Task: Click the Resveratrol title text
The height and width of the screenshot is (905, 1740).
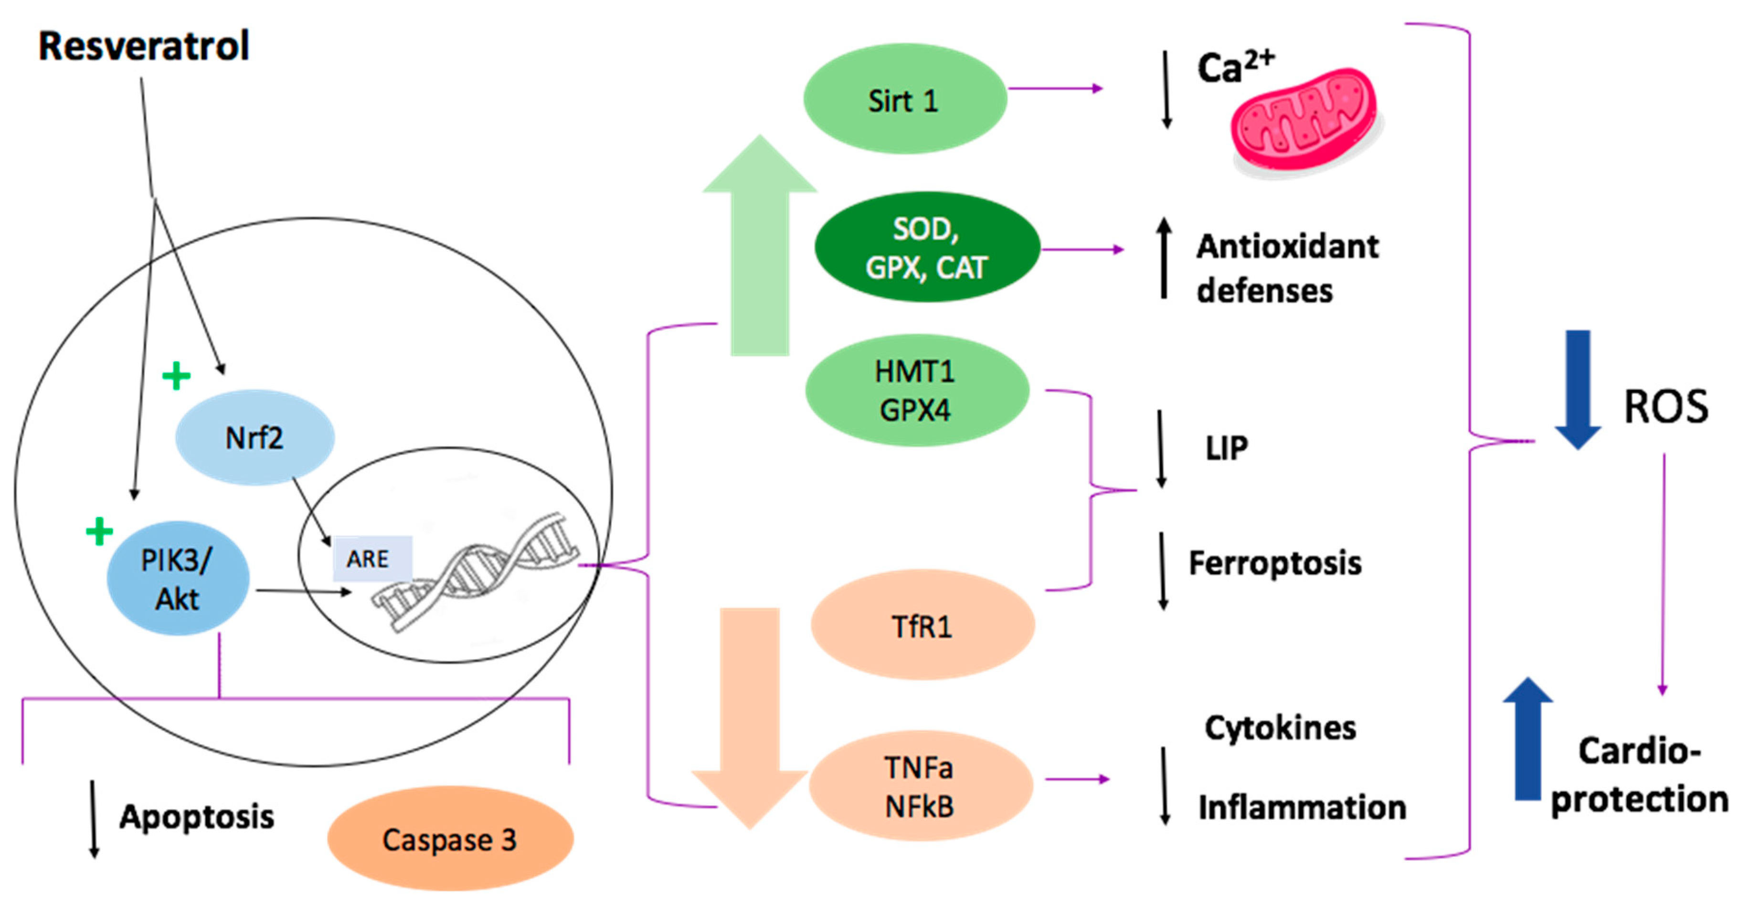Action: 143,46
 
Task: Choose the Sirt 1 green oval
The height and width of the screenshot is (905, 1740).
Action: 904,100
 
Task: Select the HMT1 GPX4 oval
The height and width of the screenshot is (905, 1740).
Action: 916,391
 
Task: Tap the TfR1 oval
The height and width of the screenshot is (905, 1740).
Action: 922,625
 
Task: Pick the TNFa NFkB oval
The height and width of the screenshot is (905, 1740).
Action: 920,786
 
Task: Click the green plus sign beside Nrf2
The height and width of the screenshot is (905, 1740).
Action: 176,376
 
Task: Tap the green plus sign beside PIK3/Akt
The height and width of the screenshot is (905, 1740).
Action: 99,532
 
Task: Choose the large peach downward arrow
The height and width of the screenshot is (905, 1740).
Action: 750,716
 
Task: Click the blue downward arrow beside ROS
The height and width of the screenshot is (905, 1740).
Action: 1577,389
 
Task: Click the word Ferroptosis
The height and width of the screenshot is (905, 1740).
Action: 1274,563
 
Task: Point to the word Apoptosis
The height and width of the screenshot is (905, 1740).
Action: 197,817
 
